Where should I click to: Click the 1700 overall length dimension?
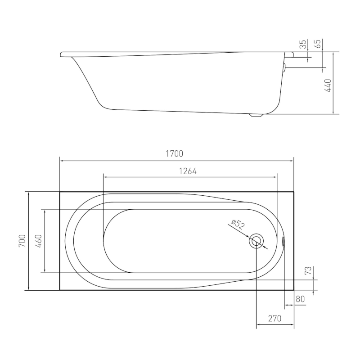(x=175, y=153)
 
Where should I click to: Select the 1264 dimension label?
(x=188, y=171)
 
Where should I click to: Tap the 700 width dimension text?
(x=22, y=241)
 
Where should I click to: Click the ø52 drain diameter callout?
(x=238, y=224)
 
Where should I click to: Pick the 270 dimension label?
(x=274, y=319)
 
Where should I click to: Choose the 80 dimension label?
(x=300, y=299)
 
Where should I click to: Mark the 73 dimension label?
(x=308, y=270)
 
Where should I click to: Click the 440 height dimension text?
(x=328, y=85)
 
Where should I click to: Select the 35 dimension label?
(x=303, y=44)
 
